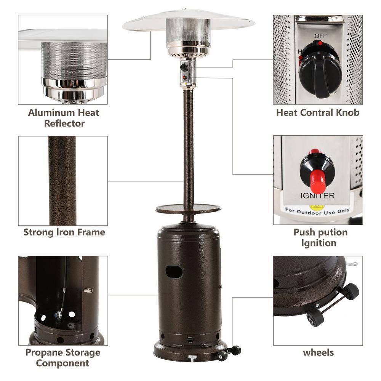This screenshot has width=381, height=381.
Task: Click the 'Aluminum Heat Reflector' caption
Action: tap(64, 118)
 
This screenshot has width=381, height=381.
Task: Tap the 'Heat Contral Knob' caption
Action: tap(317, 112)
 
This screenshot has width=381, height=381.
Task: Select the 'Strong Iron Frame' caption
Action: tap(64, 232)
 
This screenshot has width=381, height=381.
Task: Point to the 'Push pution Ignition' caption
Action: tap(320, 237)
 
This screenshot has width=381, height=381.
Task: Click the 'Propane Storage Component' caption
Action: tap(63, 357)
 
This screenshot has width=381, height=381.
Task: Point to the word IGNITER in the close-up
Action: tap(317, 196)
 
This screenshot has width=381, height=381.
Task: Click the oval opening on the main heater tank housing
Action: tap(174, 272)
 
